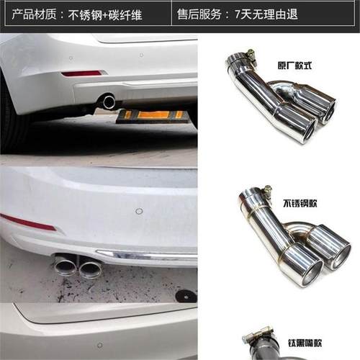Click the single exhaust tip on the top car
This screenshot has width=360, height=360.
(108, 102)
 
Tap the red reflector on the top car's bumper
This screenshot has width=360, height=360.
(81, 73)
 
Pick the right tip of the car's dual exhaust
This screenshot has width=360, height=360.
(91, 268)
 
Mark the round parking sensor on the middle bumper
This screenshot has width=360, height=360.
(139, 212)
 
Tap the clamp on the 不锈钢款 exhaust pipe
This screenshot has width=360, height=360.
(264, 193)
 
